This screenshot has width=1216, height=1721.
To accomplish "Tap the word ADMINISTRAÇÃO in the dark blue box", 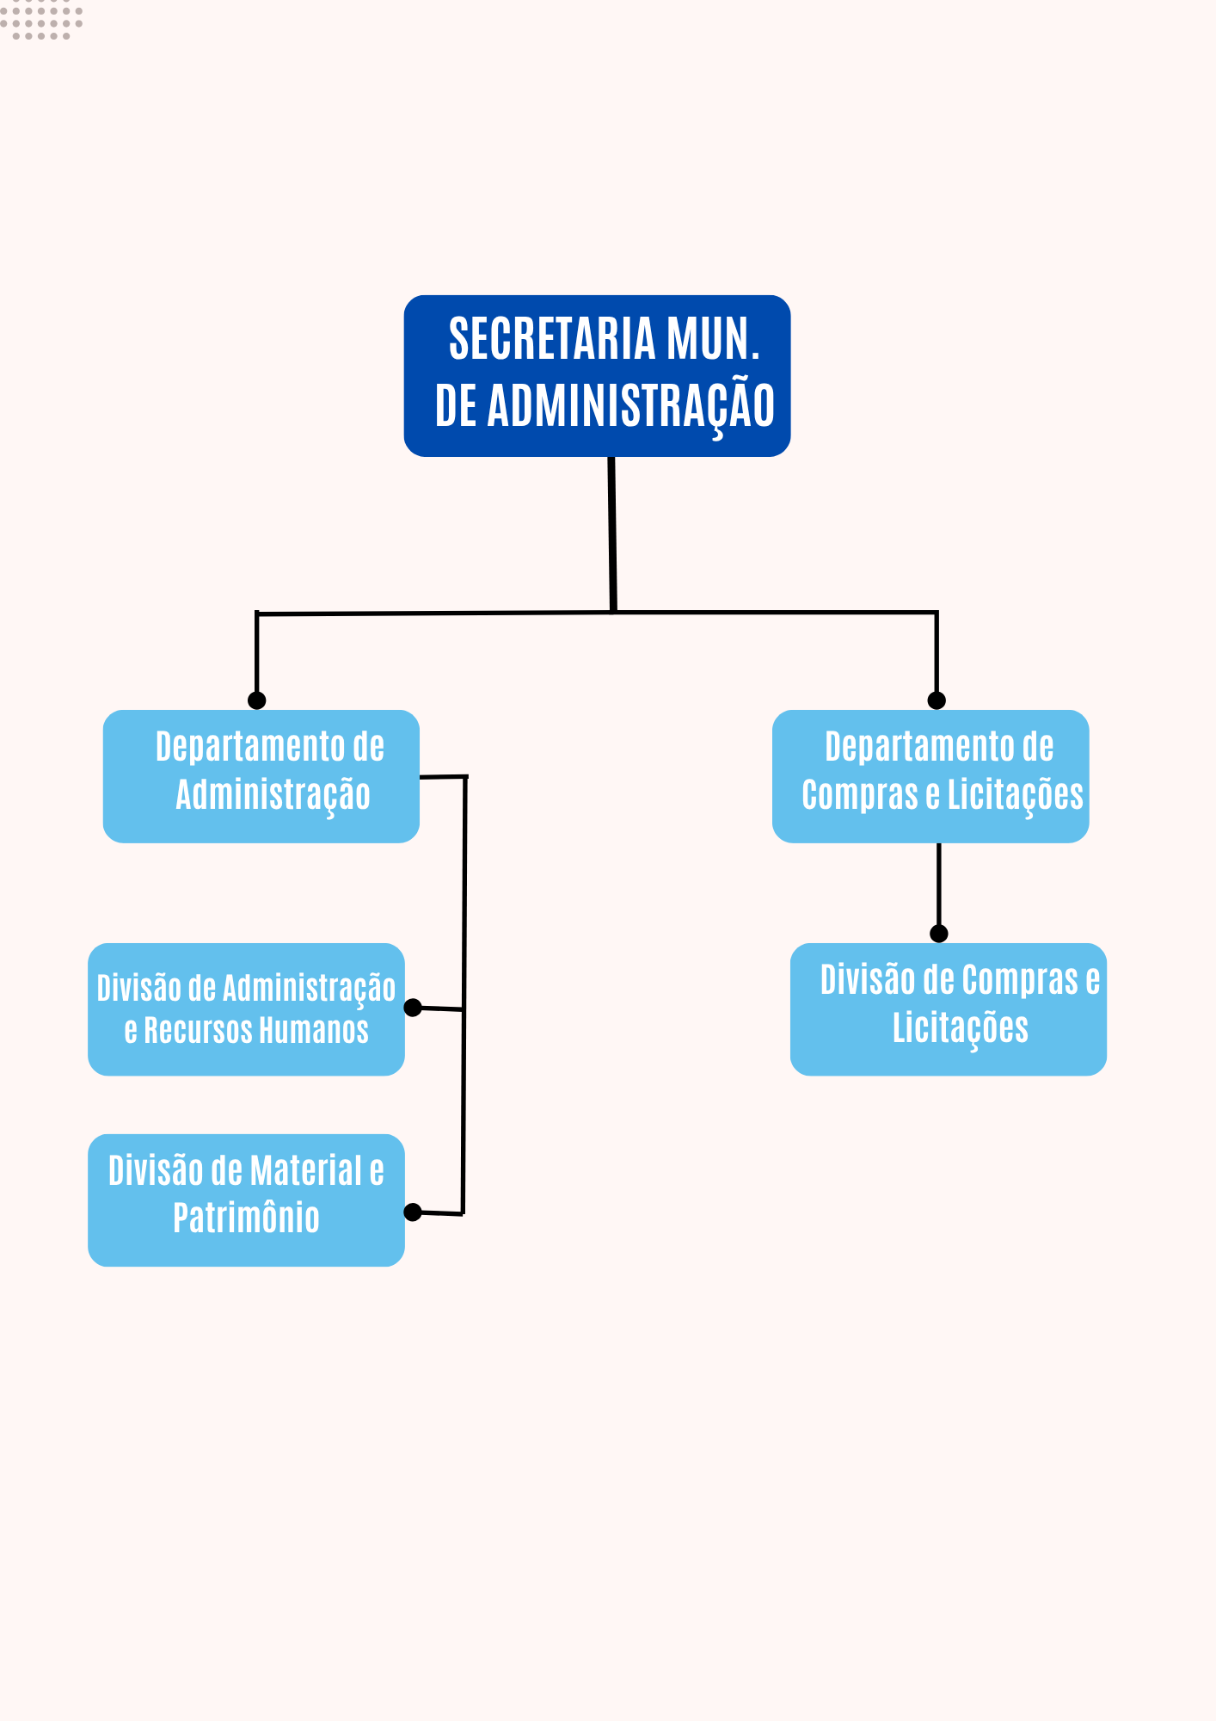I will click(631, 406).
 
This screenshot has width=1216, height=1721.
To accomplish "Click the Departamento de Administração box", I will click(261, 775).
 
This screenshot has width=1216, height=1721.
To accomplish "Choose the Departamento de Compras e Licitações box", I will click(930, 775).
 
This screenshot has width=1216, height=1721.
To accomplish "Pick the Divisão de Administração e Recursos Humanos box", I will click(246, 1009).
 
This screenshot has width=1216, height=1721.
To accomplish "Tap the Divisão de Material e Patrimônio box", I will click(246, 1200).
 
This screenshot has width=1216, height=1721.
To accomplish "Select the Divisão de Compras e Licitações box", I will click(948, 1009).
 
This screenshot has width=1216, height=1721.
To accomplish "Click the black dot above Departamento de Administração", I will click(256, 700).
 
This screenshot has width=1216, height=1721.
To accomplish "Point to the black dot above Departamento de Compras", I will click(937, 700).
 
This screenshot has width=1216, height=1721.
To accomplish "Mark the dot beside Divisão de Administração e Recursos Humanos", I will click(413, 1008).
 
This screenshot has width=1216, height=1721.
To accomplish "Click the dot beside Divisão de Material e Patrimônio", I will click(413, 1212).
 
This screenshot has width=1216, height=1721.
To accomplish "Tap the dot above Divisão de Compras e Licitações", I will click(939, 934).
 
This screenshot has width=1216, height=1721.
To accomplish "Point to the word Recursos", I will click(195, 1031).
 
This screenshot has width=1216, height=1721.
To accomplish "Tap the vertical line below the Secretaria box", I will click(611, 534).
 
